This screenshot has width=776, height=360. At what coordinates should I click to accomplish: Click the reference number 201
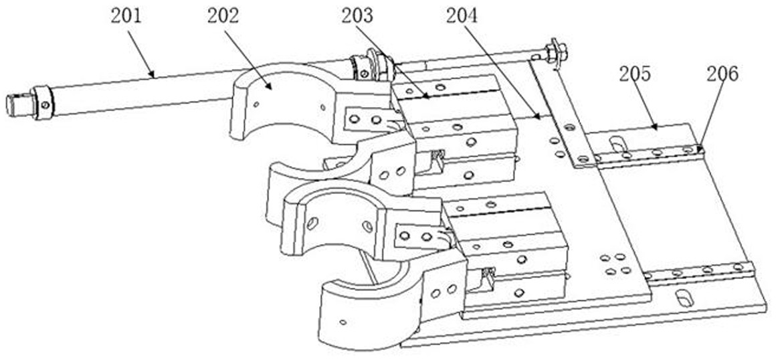point(126,16)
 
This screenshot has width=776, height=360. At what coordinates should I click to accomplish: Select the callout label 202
point(223,16)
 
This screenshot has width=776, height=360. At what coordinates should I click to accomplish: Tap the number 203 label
point(357,16)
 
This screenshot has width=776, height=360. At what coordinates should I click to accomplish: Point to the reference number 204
point(462,16)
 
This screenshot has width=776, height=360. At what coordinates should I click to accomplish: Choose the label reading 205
point(635,74)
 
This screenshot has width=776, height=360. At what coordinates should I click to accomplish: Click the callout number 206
point(722,74)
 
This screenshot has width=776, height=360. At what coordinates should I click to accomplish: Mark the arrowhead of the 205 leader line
point(654,128)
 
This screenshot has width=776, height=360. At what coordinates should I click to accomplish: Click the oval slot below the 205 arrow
point(617,145)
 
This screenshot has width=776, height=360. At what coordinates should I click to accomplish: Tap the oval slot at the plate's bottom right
point(685,298)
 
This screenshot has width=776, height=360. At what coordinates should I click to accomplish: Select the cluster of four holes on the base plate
point(615,264)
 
